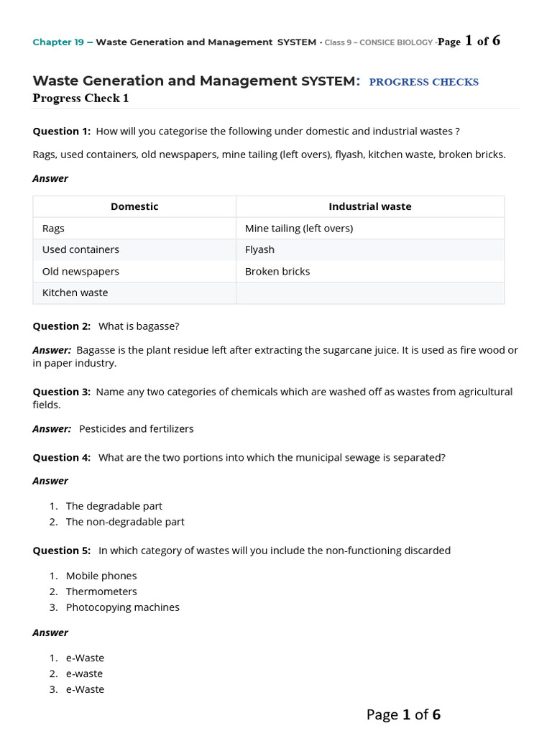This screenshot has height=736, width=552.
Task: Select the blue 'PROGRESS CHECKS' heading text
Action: [x=423, y=82]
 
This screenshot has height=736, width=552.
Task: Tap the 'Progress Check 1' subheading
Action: [x=80, y=98]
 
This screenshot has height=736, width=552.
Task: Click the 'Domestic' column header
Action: [x=134, y=206]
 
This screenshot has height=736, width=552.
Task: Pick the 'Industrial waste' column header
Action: [x=369, y=206]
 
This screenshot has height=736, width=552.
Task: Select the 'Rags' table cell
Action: [x=53, y=228]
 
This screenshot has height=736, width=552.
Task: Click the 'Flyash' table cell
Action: [x=259, y=249]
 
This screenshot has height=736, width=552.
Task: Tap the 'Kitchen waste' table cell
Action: [x=75, y=293]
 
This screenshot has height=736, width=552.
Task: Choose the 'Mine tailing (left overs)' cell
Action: [x=298, y=228]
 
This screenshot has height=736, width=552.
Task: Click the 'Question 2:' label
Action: [x=62, y=326]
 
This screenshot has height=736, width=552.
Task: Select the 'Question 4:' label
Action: [x=62, y=457]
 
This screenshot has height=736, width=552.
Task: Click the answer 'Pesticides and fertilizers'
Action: [x=136, y=428]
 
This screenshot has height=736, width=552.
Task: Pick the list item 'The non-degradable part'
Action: [x=125, y=522]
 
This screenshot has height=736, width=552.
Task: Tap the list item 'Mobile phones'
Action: [x=101, y=576]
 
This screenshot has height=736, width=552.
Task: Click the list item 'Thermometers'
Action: [x=101, y=592]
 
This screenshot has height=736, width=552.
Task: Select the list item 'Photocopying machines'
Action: [x=123, y=607]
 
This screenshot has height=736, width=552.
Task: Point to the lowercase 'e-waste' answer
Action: [x=84, y=673]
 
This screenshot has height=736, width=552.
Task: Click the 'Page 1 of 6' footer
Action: [x=403, y=714]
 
